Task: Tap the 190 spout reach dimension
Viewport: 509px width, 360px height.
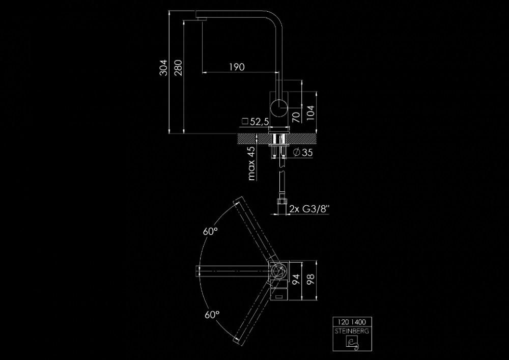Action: (x=237, y=67)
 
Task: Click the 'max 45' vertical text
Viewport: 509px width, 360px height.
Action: (x=251, y=164)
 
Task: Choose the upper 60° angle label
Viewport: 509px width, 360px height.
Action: (x=210, y=231)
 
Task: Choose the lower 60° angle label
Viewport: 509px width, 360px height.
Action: (x=210, y=314)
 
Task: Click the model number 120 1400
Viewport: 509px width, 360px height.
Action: (x=352, y=322)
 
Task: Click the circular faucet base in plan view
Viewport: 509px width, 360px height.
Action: (x=278, y=270)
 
